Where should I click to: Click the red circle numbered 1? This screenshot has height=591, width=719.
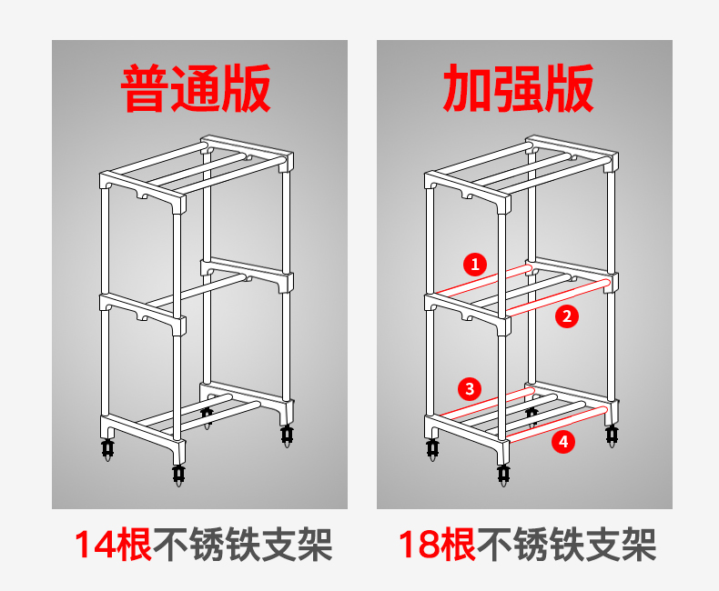(x=474, y=265)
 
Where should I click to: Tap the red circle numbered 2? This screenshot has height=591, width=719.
(x=567, y=316)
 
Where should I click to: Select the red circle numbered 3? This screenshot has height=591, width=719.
(x=470, y=389)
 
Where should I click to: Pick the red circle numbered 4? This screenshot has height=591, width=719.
(x=563, y=442)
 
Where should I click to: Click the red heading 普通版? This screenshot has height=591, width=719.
(x=196, y=88)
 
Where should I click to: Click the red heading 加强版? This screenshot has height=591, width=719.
(x=519, y=88)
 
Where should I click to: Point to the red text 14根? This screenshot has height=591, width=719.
(x=113, y=545)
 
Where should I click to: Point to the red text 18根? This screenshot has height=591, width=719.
(x=437, y=545)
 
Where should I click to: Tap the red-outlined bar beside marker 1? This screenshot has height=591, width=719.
(x=482, y=279)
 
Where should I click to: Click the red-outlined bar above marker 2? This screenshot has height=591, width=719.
(x=559, y=297)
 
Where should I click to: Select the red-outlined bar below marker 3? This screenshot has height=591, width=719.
(x=486, y=403)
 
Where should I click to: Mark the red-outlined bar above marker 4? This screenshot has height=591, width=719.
(x=559, y=425)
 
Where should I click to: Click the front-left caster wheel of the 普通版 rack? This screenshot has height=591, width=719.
(x=107, y=449)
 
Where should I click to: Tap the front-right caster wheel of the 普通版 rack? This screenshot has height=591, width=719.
(x=178, y=476)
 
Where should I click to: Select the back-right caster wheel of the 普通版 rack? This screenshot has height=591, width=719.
(x=287, y=436)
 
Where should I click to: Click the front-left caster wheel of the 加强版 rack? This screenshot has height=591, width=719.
(x=432, y=449)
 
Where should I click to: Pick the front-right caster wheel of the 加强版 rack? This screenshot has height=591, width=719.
(x=503, y=476)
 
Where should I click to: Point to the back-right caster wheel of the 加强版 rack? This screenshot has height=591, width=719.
(x=612, y=436)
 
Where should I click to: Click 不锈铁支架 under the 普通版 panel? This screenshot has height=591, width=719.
(x=243, y=545)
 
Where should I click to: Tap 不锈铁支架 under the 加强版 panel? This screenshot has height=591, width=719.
(x=567, y=545)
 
